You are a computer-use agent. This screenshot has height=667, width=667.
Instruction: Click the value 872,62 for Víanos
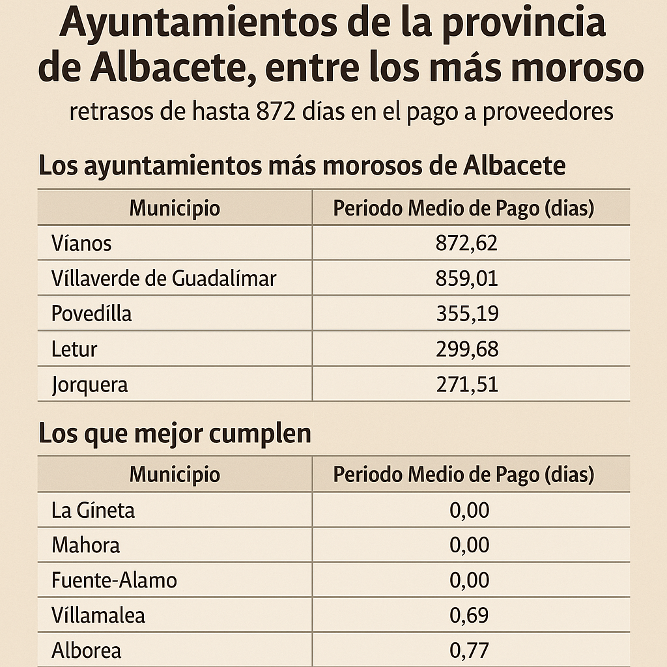coord(466,244)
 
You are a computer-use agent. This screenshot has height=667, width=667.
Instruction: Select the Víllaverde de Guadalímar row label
coord(163,279)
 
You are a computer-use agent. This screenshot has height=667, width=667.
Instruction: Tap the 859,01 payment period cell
coord(466,279)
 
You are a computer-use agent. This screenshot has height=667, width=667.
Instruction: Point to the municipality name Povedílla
coord(91,314)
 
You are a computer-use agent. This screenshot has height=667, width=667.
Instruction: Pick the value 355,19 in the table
coord(466,314)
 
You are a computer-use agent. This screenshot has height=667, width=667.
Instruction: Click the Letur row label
coord(74,349)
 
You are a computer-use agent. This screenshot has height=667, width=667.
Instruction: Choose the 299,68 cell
coord(466,349)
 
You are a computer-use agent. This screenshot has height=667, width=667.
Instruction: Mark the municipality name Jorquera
coord(90,384)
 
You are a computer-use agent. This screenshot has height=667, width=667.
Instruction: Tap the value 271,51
coord(466,384)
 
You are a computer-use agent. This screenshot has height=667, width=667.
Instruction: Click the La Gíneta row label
coord(93,509)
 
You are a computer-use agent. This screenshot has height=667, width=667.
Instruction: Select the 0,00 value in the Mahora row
coord(469,545)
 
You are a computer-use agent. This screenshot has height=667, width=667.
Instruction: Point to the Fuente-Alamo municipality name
coord(114,580)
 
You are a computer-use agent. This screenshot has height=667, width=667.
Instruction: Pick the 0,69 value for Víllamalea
coord(469,615)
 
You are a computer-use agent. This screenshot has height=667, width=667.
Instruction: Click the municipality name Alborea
coord(86,650)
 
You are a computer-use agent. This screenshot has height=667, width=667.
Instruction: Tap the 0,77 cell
coord(469,650)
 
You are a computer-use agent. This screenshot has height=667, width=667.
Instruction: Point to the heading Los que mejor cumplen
coord(175,434)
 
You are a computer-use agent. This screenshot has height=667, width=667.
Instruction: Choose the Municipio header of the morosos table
coord(175,208)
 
